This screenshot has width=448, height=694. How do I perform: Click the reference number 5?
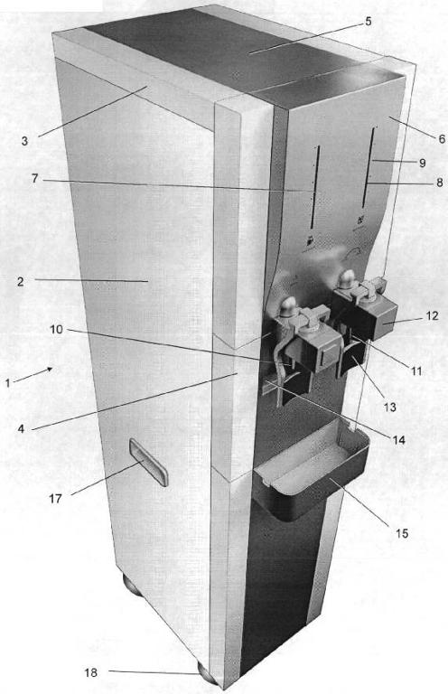point(369,22)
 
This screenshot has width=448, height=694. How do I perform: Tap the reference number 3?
point(24,141)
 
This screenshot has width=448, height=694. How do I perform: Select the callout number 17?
point(55,499)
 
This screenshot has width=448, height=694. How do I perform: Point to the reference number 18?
point(90,672)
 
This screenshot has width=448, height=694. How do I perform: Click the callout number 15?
point(402,534)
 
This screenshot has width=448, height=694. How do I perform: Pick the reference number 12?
point(432,315)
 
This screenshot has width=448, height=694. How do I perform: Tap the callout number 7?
point(35,179)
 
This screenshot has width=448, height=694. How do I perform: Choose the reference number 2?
point(21,282)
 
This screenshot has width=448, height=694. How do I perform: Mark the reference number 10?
point(57,329)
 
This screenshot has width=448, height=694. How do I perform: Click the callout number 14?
point(399,439)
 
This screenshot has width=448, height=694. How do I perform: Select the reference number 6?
point(442,139)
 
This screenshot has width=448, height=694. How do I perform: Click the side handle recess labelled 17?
point(149,463)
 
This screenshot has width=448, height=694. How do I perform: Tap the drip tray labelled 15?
point(311,470)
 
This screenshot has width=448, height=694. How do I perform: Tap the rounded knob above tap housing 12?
point(347,280)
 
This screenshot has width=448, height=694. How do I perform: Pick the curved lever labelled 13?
point(351,359)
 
